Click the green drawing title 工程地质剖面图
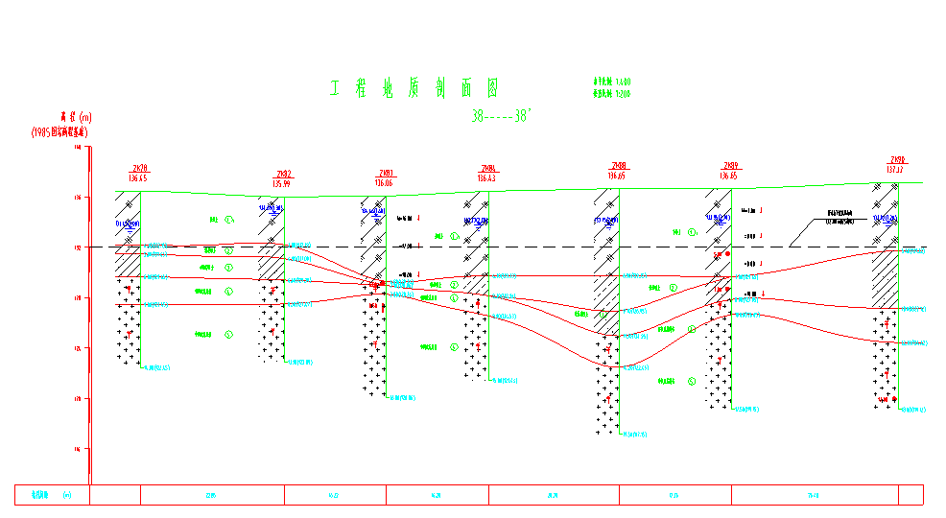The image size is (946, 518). pyautogui.click(x=414, y=90)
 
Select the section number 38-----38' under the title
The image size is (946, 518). pyautogui.click(x=501, y=116)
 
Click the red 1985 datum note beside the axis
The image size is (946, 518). pyautogui.click(x=59, y=132)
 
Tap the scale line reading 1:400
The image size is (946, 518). pyautogui.click(x=611, y=83)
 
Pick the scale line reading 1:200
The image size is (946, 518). pyautogui.click(x=611, y=95)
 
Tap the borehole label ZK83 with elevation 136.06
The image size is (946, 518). pyautogui.click(x=385, y=177)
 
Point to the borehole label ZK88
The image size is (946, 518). pyautogui.click(x=617, y=171)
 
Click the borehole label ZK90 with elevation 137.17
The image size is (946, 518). pyautogui.click(x=897, y=165)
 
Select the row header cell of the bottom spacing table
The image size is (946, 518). pyautogui.click(x=52, y=495)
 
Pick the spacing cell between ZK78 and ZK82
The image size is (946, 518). pyautogui.click(x=212, y=495)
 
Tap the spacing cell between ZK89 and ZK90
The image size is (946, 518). pyautogui.click(x=814, y=495)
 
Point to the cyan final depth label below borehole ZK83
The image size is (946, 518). pyautogui.click(x=403, y=397)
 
